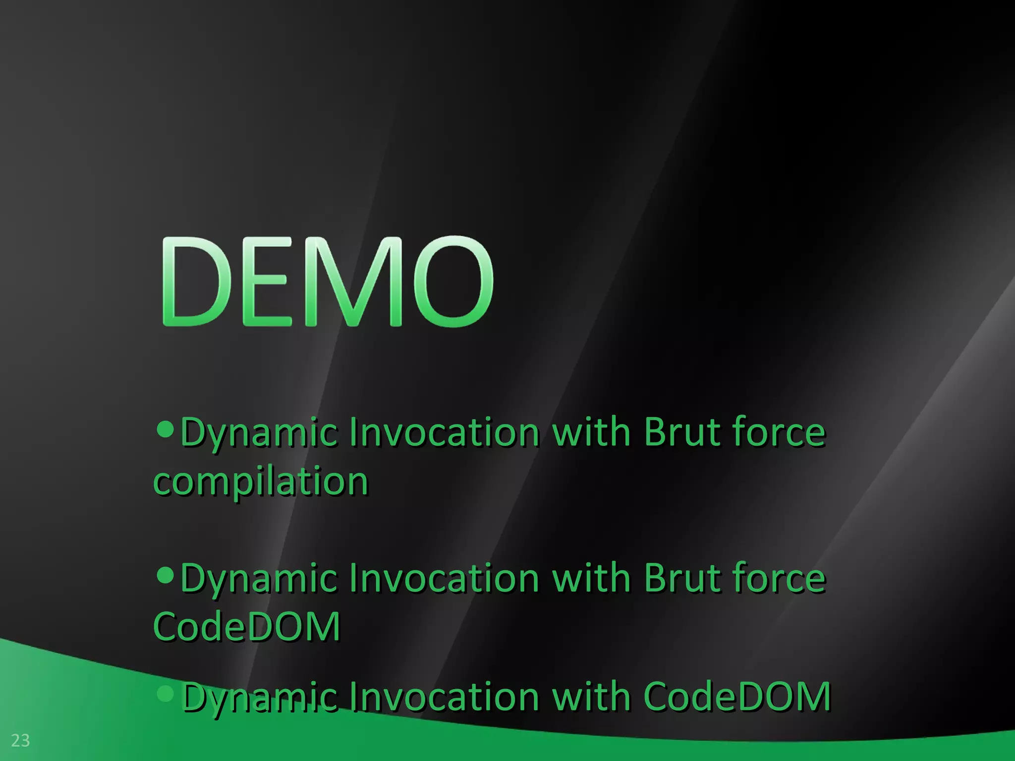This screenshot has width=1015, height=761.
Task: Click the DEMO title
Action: click(x=327, y=281)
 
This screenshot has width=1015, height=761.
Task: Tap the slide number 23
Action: click(x=20, y=741)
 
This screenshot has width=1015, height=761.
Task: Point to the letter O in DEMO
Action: click(x=451, y=281)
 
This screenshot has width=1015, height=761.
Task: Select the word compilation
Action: click(x=261, y=481)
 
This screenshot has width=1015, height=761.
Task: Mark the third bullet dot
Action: click(x=165, y=693)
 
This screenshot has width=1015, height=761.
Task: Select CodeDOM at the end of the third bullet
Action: click(x=737, y=697)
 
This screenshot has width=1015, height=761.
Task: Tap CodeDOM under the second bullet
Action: click(x=247, y=626)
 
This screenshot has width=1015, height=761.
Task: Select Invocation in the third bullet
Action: click(x=444, y=697)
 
